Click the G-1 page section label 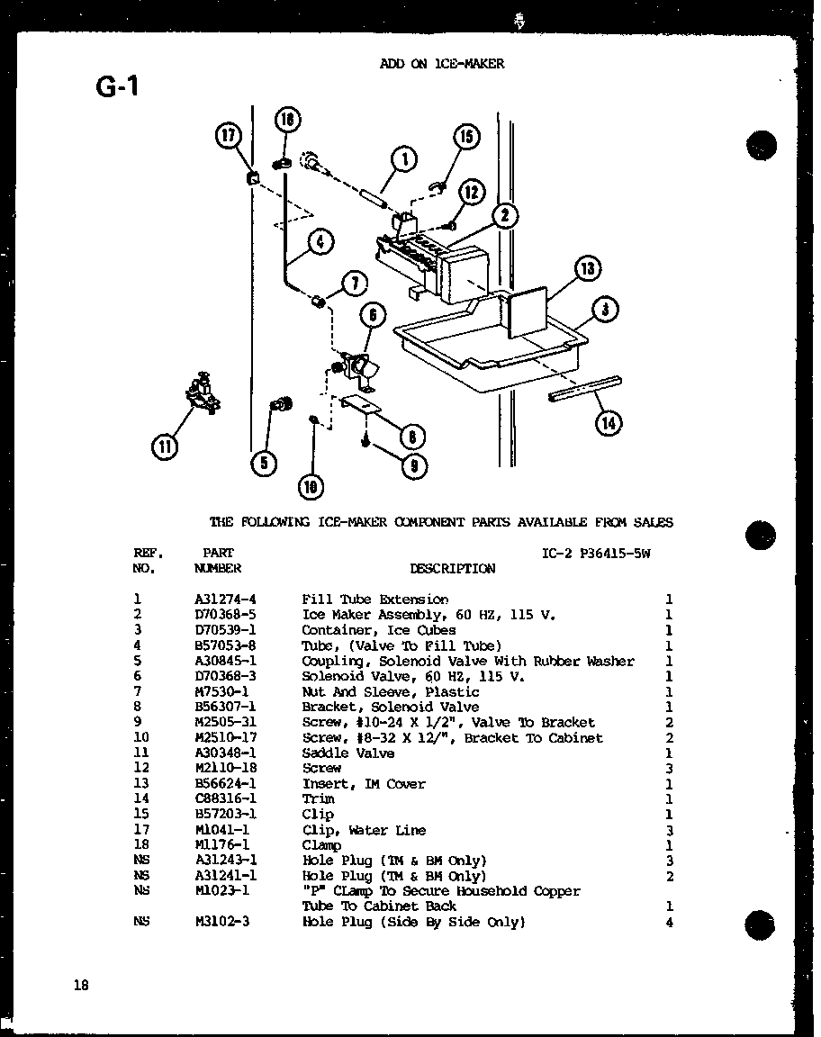coord(117,87)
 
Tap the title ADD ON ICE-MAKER coord(441,64)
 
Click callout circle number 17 coord(229,137)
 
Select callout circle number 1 coord(404,160)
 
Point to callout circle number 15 coord(465,137)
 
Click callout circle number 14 coord(609,423)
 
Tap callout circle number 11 coord(165,446)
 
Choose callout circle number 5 coord(263,463)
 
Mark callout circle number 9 coord(413,465)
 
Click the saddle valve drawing coord(203,393)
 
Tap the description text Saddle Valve coord(347,753)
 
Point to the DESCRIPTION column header coord(452,569)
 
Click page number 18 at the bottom coord(81,985)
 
